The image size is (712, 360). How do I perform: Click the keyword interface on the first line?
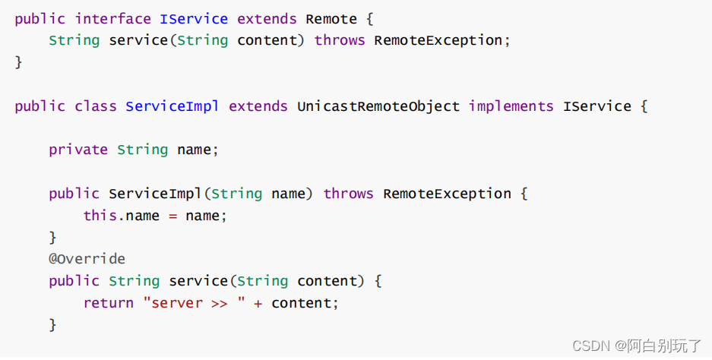[x=112, y=18]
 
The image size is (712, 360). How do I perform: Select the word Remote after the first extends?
[x=331, y=18]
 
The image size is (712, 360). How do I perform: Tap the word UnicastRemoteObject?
[x=378, y=106]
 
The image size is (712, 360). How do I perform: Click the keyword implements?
[x=511, y=106]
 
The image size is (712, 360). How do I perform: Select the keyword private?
[x=78, y=150]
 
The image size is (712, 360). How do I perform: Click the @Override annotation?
[x=87, y=259]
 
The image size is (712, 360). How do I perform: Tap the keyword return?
[x=108, y=303]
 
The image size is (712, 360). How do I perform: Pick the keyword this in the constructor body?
[x=100, y=216]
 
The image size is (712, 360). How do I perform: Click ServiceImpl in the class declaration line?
[x=172, y=106]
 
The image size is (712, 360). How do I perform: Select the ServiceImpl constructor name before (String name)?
[x=155, y=194]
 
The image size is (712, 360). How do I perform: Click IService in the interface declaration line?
[x=194, y=18]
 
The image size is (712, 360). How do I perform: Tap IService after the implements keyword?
[x=596, y=106]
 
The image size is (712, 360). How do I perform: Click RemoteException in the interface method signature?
[x=438, y=40]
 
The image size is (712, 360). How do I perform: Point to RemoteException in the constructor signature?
[x=447, y=194]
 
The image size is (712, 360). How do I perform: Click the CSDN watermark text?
[x=591, y=346]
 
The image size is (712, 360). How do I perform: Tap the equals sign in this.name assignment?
[x=172, y=216]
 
